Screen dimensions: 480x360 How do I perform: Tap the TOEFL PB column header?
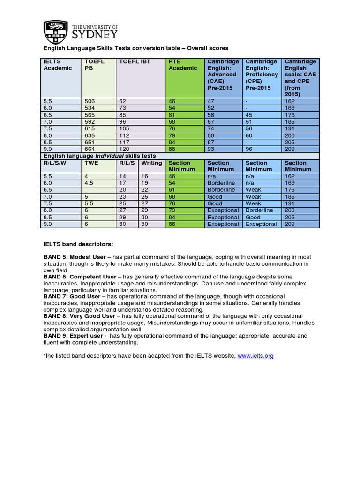pyautogui.click(x=94, y=65)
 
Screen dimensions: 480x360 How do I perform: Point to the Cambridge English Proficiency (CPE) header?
pyautogui.click(x=262, y=75)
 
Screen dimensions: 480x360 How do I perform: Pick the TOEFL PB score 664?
pyautogui.click(x=89, y=149)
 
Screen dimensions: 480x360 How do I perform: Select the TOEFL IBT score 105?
pyautogui.click(x=125, y=128)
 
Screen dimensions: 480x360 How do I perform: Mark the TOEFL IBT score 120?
pyautogui.click(x=125, y=149)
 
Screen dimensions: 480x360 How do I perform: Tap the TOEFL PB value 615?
pyautogui.click(x=89, y=128)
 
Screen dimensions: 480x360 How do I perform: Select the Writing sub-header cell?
pyautogui.click(x=151, y=163)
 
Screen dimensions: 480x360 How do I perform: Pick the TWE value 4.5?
pyautogui.click(x=89, y=183)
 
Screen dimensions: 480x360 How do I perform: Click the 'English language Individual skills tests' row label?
pyautogui.click(x=100, y=156)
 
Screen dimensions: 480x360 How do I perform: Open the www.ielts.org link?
pyautogui.click(x=255, y=356)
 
